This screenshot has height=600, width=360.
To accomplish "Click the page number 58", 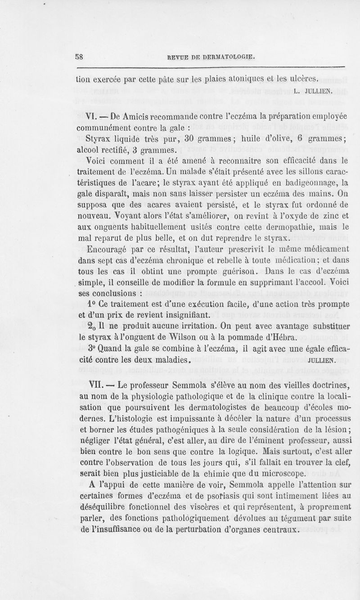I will coord(81,57).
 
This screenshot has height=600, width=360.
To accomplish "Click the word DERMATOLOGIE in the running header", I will coord(229,57).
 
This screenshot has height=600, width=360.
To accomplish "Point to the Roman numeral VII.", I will coord(99,385).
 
